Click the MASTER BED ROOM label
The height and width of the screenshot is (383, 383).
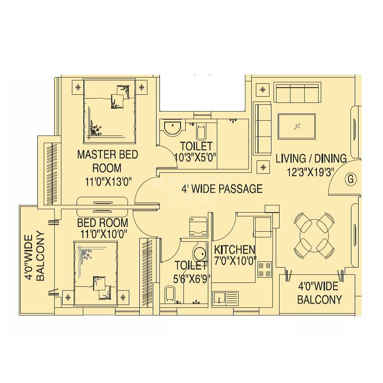point(108,161)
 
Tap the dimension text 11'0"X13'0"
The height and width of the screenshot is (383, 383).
point(108,180)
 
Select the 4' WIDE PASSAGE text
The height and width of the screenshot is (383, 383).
point(222,188)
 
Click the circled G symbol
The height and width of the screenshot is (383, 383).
point(351,179)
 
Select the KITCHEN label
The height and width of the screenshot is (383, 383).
point(235,250)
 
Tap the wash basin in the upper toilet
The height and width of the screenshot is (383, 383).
point(171,128)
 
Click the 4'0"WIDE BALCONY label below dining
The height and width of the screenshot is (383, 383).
point(319,293)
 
